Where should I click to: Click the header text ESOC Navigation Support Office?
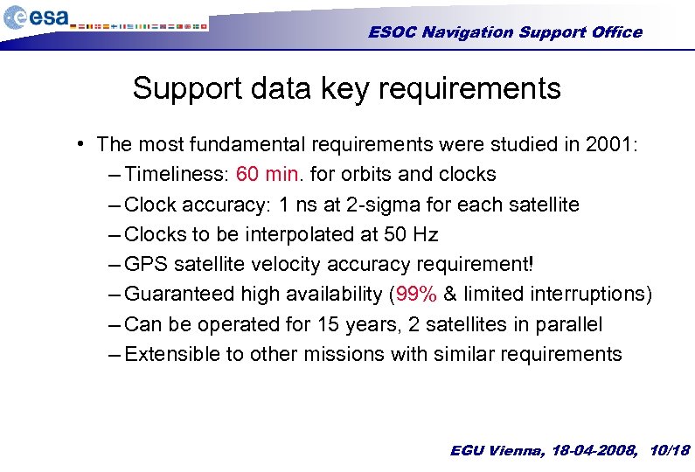(x=504, y=32)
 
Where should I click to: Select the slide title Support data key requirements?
(x=346, y=88)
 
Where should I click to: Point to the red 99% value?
(x=417, y=294)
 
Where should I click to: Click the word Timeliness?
(x=175, y=174)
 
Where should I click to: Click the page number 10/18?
(x=670, y=451)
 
